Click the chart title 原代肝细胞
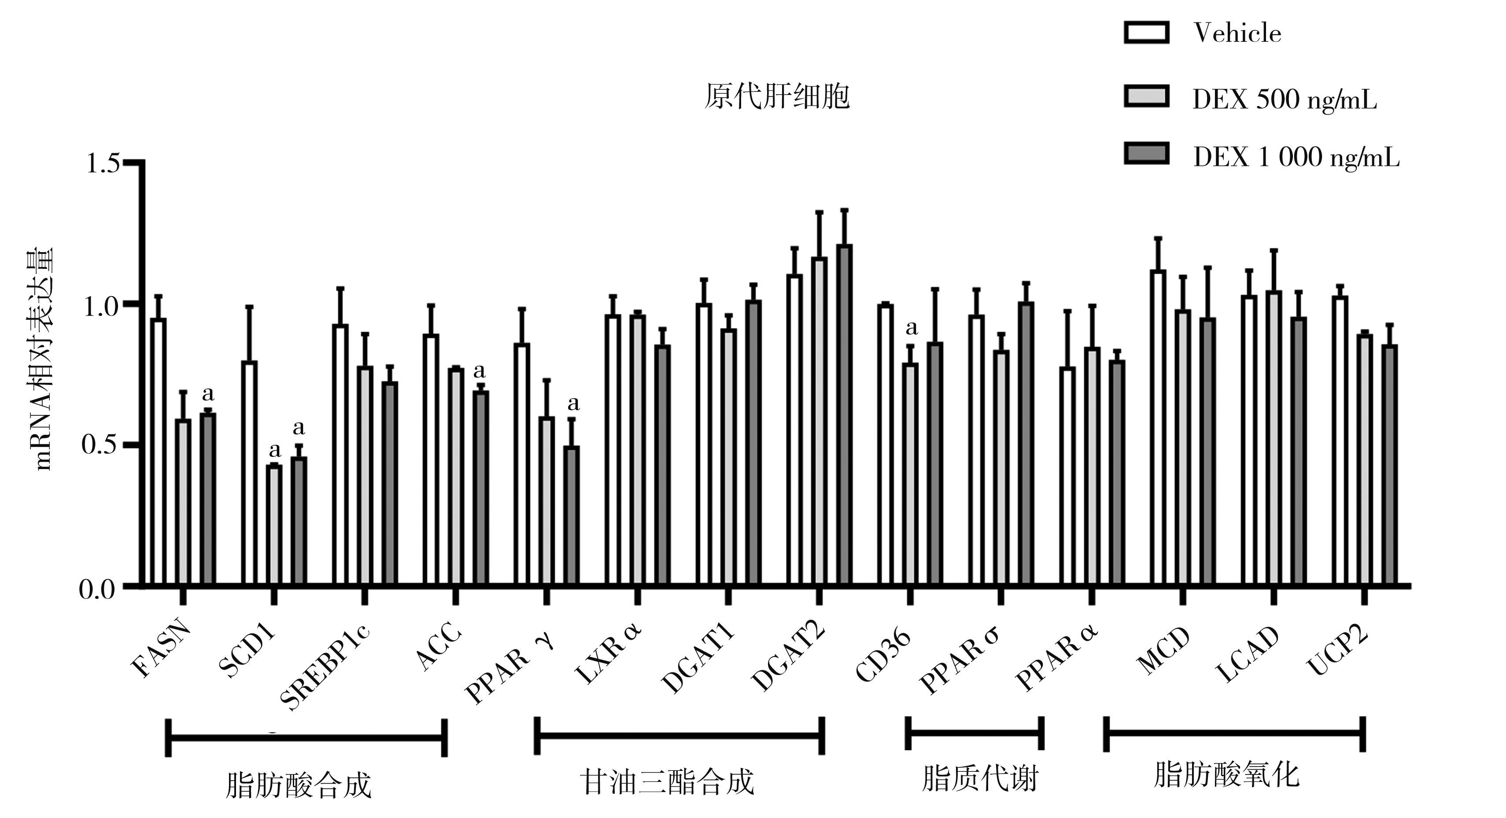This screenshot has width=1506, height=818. click(x=776, y=96)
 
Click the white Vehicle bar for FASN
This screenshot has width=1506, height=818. click(x=158, y=452)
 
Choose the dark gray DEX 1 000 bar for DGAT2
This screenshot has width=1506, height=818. click(x=844, y=415)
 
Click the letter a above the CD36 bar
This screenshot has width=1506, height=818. click(x=912, y=328)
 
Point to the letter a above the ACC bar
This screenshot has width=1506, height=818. click(x=480, y=370)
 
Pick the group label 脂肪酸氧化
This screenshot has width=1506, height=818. click(x=1226, y=776)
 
